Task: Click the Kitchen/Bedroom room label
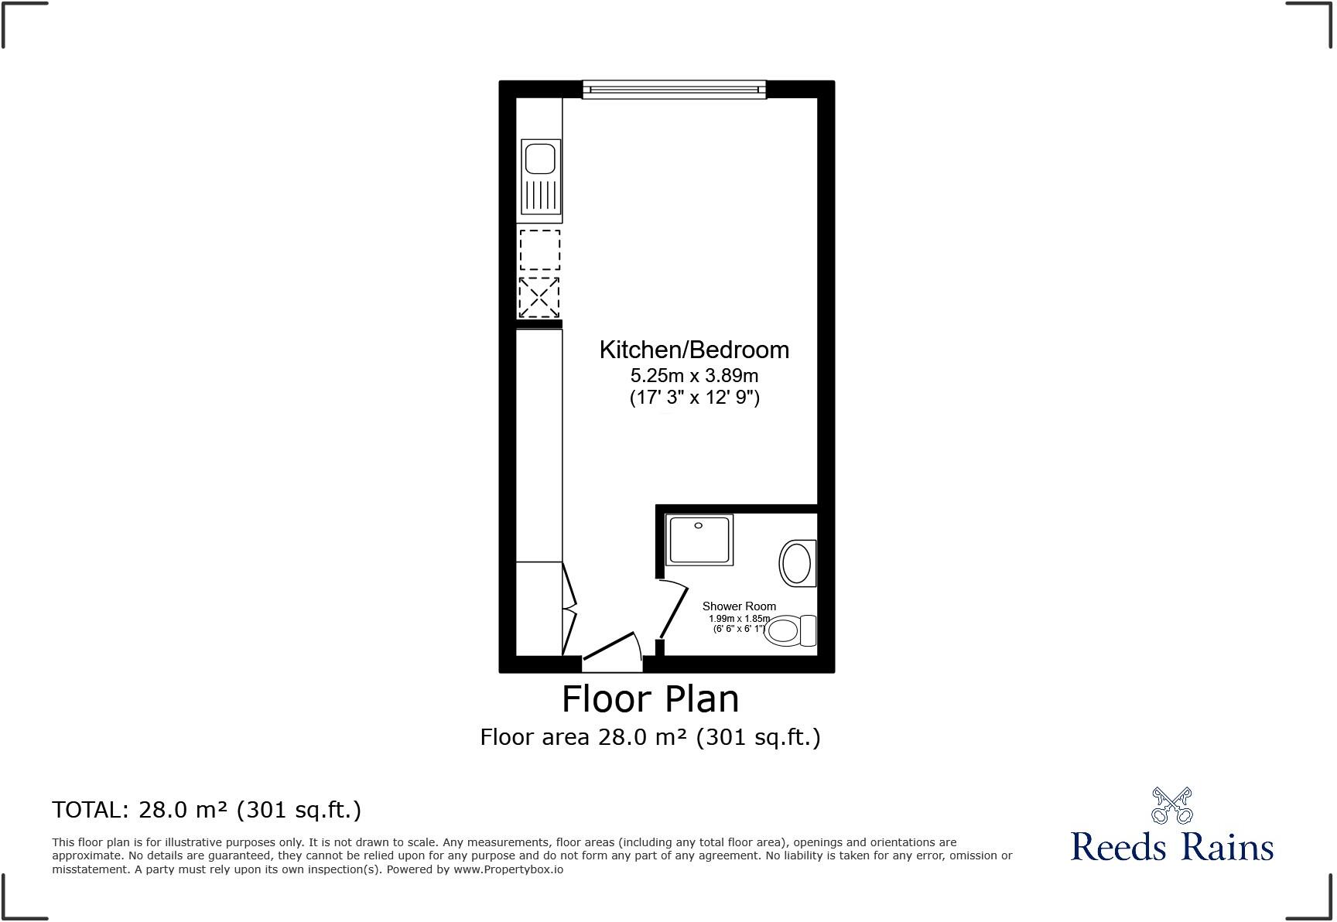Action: pyautogui.click(x=694, y=350)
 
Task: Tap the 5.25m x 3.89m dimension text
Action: pyautogui.click(x=694, y=376)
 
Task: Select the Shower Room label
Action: pyautogui.click(x=739, y=606)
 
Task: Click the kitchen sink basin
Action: pyautogui.click(x=540, y=159)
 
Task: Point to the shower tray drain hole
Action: pyautogui.click(x=698, y=526)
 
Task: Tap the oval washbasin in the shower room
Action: pyautogui.click(x=796, y=562)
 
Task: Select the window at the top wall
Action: pyautogui.click(x=674, y=90)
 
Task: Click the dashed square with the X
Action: pyautogui.click(x=539, y=297)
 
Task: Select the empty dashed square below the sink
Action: pyautogui.click(x=539, y=250)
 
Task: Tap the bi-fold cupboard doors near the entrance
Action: pyautogui.click(x=569, y=609)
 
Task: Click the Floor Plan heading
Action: pyautogui.click(x=650, y=699)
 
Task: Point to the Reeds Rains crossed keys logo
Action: pyautogui.click(x=1171, y=805)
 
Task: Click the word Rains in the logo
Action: pyautogui.click(x=1228, y=846)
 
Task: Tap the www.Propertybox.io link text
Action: pyautogui.click(x=508, y=869)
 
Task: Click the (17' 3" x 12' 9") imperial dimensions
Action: pyautogui.click(x=694, y=398)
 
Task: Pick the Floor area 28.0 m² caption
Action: pyautogui.click(x=650, y=737)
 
